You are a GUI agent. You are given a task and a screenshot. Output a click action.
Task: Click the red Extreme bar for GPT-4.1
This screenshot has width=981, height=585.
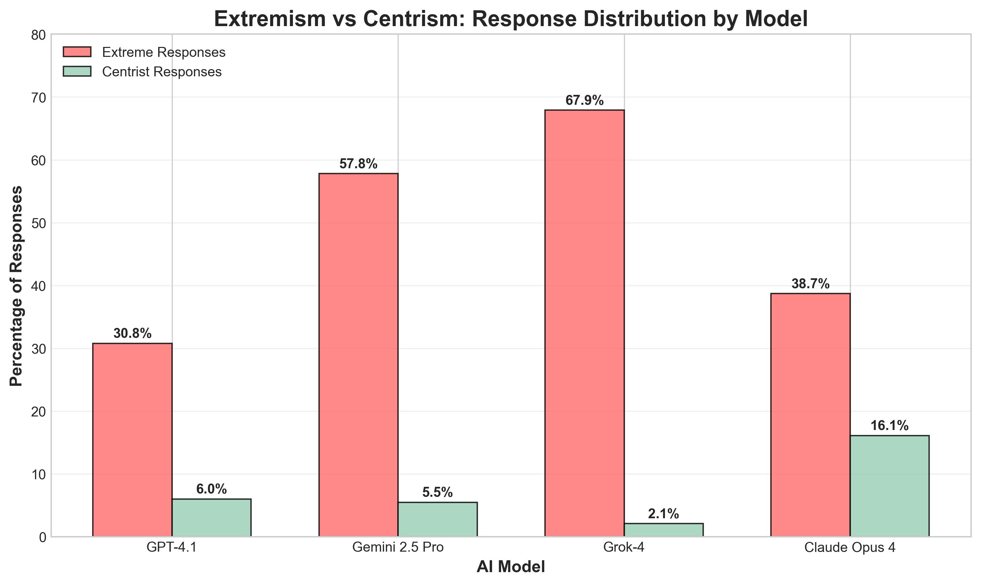coord(132,440)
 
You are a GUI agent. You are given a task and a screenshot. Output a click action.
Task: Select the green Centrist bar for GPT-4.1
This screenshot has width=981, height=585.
coord(212,518)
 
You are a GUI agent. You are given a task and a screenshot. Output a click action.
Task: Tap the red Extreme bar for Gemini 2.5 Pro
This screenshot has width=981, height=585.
coord(358,355)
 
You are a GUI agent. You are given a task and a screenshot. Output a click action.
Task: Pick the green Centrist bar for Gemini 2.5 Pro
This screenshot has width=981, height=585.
coord(438,519)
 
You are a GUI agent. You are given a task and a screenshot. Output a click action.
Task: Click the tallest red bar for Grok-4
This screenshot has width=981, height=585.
coord(585,323)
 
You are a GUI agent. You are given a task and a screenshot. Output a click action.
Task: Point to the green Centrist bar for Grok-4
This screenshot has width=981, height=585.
coord(664,530)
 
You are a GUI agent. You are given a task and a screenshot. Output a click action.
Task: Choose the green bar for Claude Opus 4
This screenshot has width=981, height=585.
coord(890,486)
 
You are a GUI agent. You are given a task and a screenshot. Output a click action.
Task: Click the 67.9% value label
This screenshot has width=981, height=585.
coord(585,100)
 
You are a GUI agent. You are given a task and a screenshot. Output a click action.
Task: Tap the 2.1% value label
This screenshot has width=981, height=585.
coord(664,514)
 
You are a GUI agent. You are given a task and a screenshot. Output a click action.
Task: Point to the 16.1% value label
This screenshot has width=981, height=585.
coord(890,426)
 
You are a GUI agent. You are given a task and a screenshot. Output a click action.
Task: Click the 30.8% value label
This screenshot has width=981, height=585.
coord(132,333)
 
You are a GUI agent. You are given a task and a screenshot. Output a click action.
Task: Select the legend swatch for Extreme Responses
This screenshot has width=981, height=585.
coord(77,52)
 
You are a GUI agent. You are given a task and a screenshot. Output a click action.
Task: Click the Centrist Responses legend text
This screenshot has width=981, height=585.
coord(162,72)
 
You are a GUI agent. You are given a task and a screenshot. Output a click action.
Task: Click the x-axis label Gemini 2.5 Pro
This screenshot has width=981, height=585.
coord(398,548)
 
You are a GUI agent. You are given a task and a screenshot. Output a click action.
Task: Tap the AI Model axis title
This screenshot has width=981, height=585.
coord(511,567)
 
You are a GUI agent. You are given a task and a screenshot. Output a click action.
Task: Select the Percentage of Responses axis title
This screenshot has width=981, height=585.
coord(17,286)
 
